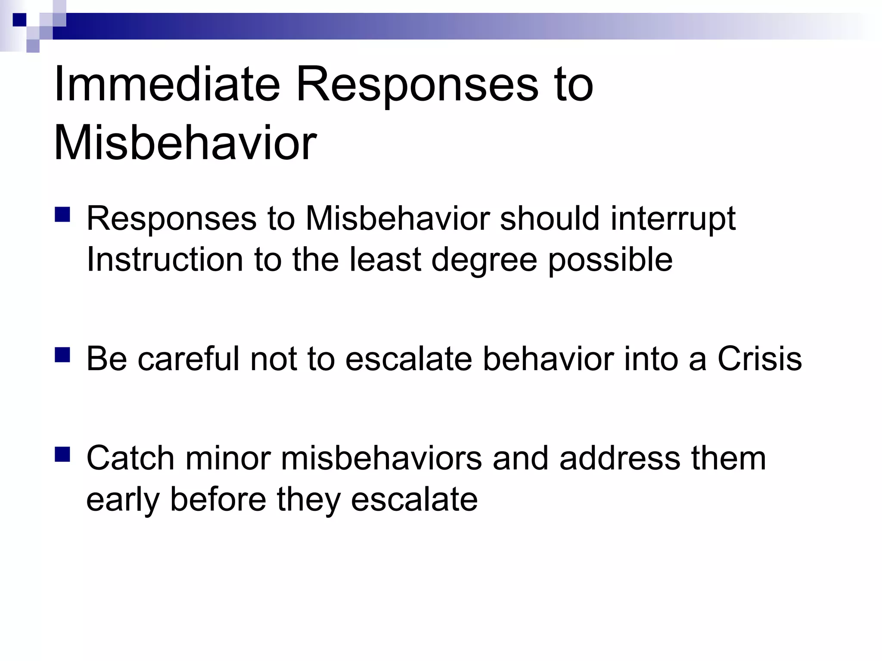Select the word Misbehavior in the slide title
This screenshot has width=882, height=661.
tap(185, 143)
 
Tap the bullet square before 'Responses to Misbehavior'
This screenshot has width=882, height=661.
tap(62, 214)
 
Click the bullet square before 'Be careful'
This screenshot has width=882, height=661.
tap(62, 355)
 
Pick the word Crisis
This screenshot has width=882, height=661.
tap(759, 358)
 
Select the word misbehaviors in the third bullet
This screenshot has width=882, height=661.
tap(382, 458)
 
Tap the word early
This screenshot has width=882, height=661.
tap(123, 500)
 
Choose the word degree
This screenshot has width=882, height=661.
tap(484, 260)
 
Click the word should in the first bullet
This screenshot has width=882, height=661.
tap(550, 219)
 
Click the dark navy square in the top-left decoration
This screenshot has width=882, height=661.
tap(19, 20)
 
